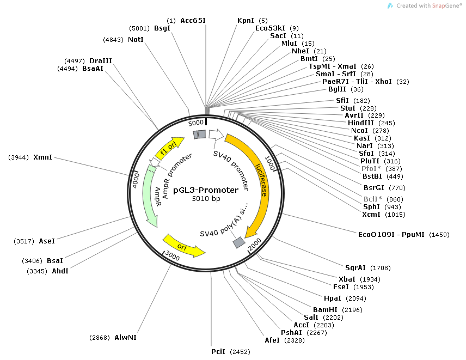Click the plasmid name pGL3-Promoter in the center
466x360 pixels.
tap(205, 190)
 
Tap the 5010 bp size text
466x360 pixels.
tap(206, 199)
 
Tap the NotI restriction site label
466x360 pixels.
tap(136, 40)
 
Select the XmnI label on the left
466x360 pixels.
tap(43, 157)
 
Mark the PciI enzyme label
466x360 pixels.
tap(218, 352)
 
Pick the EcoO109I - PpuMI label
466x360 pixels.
tap(391, 235)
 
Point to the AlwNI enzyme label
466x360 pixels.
tap(125, 338)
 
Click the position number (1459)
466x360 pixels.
tap(439, 235)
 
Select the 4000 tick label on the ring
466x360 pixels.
tap(137, 180)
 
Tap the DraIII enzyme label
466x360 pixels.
tap(101, 60)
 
